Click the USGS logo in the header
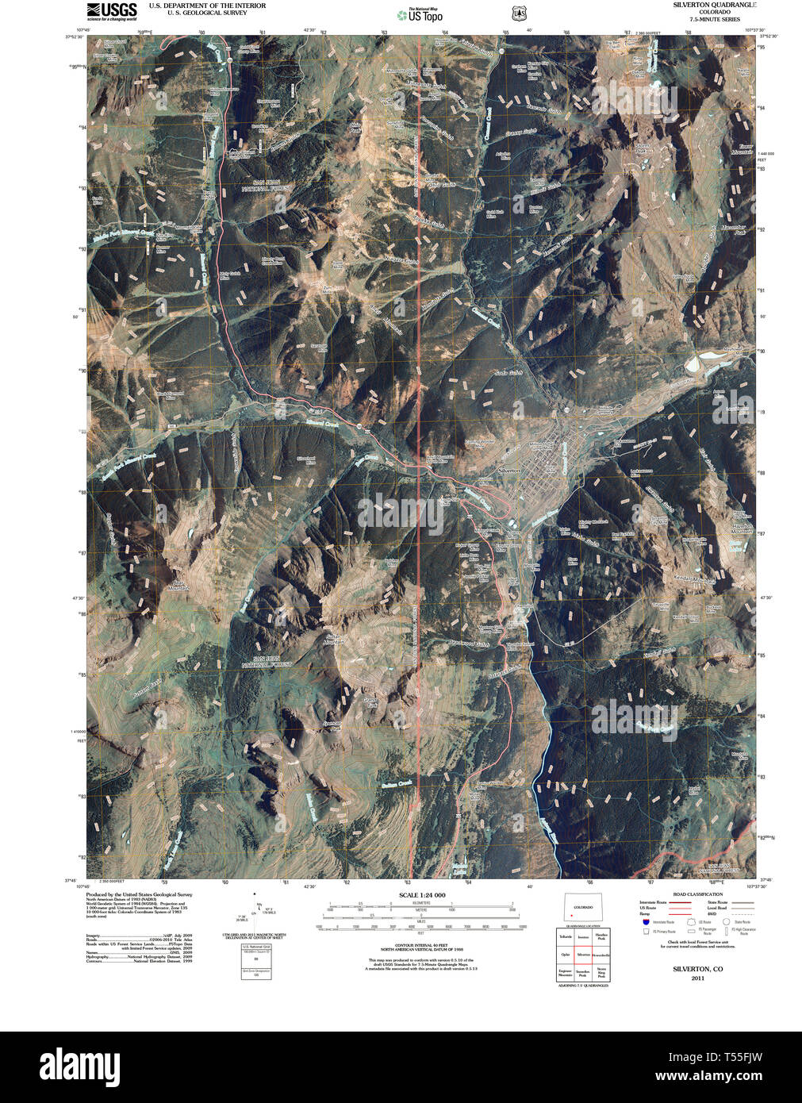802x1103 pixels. point(112,10)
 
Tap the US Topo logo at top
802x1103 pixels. point(420,14)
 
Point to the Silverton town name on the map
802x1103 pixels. point(508,471)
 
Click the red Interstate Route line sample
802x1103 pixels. point(678,902)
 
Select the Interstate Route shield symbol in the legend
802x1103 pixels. point(646,922)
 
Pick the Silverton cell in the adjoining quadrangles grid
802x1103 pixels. point(584,955)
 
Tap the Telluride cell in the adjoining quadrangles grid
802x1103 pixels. point(566,937)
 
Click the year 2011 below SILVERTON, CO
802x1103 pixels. point(697,978)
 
